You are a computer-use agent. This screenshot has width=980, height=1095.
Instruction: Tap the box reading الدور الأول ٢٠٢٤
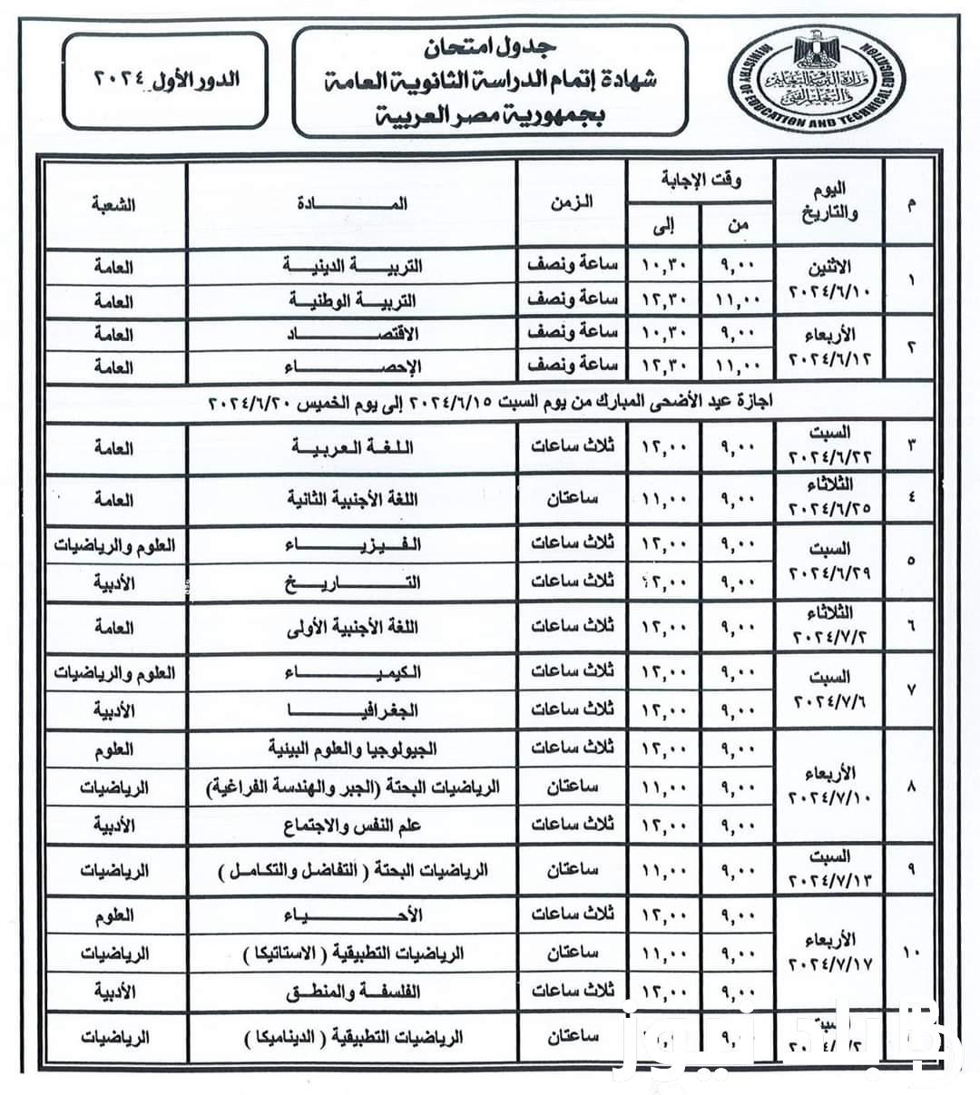pyautogui.click(x=166, y=79)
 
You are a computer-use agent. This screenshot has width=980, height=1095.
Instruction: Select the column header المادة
pyautogui.click(x=352, y=203)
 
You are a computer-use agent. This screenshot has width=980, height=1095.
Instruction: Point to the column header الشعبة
pyautogui.click(x=113, y=203)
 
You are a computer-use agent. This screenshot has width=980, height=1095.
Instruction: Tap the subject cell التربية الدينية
pyautogui.click(x=352, y=266)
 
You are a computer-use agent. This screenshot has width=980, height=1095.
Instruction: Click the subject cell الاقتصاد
pyautogui.click(x=352, y=333)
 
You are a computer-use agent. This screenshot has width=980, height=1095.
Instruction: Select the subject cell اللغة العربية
pyautogui.click(x=352, y=447)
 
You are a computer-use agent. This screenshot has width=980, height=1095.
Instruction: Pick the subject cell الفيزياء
pyautogui.click(x=352, y=545)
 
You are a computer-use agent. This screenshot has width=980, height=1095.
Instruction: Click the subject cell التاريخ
pyautogui.click(x=352, y=582)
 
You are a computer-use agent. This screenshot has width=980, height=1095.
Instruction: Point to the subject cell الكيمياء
pyautogui.click(x=352, y=673)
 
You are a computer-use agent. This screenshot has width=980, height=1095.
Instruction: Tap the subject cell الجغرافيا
pyautogui.click(x=352, y=709)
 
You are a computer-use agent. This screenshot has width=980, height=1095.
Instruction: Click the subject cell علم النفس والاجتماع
pyautogui.click(x=352, y=825)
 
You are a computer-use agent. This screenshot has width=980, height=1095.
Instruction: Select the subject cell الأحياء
pyautogui.click(x=352, y=915)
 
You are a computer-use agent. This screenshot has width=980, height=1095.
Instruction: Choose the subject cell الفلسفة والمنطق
pyautogui.click(x=352, y=992)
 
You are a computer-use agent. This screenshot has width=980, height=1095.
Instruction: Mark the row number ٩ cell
pyautogui.click(x=910, y=869)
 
